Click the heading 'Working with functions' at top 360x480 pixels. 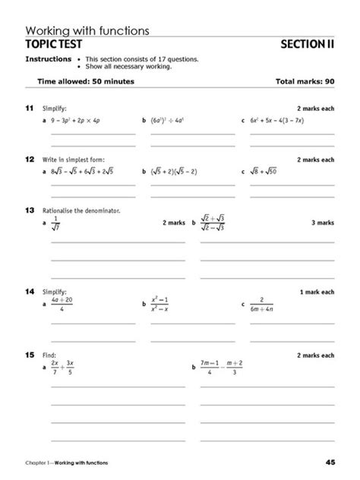coord(87,30)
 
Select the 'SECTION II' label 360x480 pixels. coord(307,44)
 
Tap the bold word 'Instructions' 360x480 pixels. coord(49,58)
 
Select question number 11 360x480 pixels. coord(30,109)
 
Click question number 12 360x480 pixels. coord(30,159)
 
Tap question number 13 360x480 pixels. coord(30,210)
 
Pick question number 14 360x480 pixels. coord(30,292)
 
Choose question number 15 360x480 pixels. coord(30,355)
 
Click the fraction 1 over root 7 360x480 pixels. coord(55,223)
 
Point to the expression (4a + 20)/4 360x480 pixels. coord(62,305)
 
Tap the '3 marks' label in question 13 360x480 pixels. coord(322,223)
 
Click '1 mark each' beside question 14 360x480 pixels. coord(316,292)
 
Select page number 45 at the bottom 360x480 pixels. coord(330,463)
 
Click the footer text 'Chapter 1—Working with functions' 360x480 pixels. coord(66,463)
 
